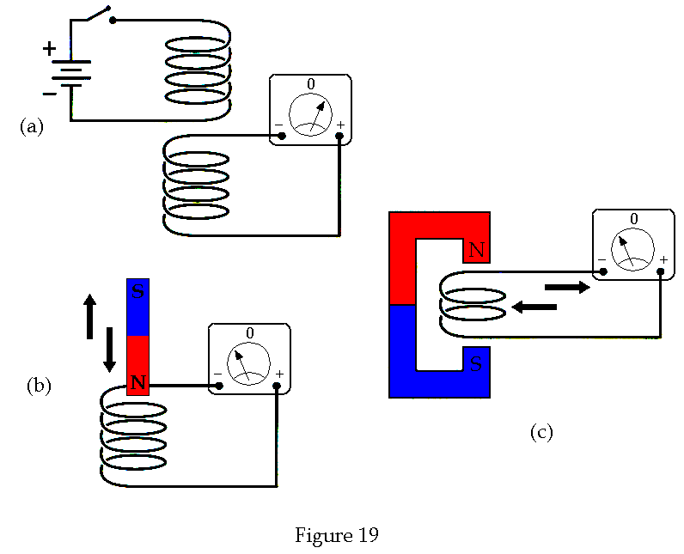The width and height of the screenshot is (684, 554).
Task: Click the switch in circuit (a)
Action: coord(97,15)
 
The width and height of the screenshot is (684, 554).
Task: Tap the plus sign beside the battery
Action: coord(49,49)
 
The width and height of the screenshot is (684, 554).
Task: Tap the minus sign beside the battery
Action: coord(49,93)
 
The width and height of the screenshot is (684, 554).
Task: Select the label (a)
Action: coord(31,127)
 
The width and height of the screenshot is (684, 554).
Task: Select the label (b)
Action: coord(39,386)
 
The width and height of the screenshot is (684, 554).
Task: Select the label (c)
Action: coord(540,432)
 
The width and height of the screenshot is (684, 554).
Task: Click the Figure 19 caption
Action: coord(337,535)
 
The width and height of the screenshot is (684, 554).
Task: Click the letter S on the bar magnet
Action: coord(137,293)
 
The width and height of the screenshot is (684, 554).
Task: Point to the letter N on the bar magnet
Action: coord(137,382)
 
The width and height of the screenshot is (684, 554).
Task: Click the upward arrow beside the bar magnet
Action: coord(89,315)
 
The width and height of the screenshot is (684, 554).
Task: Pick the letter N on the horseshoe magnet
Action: coord(476,251)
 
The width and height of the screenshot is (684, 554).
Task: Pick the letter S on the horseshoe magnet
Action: coord(476,362)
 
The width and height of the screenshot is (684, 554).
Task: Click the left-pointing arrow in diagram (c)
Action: coord(534,306)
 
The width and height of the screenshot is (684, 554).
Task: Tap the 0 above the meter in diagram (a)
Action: coord(311,84)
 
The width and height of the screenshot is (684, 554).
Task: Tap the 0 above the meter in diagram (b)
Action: coord(249,332)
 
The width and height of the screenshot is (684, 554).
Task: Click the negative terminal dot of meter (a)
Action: coord(283,136)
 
